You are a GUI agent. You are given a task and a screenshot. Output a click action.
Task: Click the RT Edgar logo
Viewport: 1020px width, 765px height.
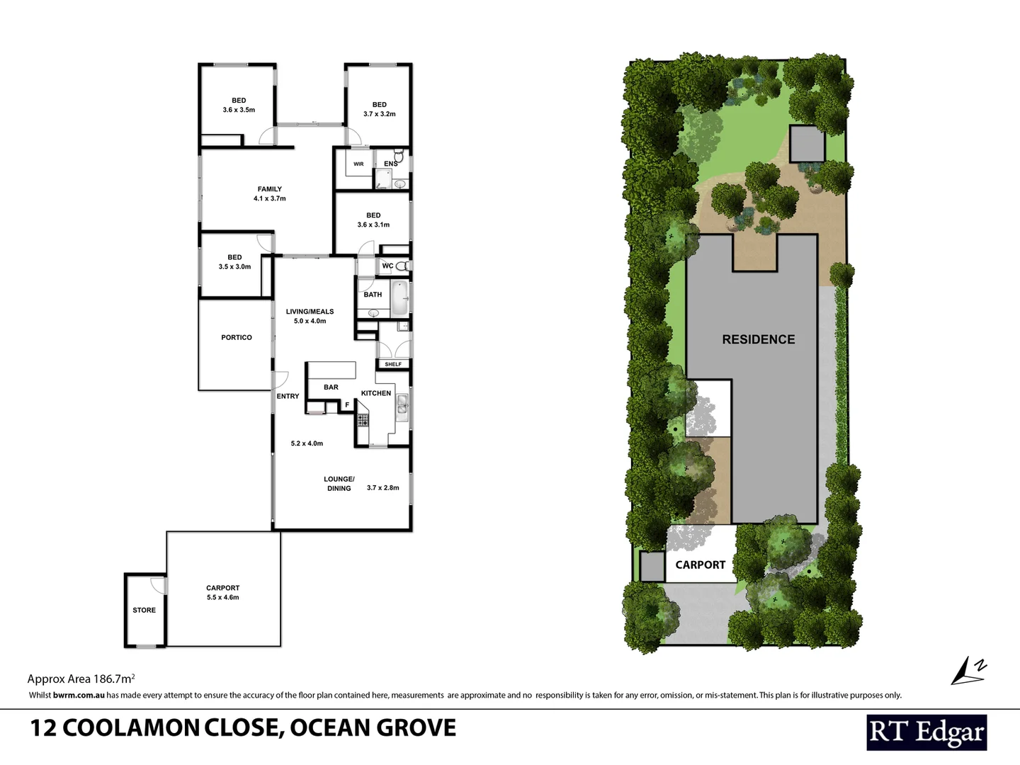coord(926,732)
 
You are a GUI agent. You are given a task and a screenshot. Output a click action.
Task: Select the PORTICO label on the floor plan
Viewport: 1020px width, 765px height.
coord(236,338)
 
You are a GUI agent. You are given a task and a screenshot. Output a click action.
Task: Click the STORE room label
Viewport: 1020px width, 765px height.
coord(144,610)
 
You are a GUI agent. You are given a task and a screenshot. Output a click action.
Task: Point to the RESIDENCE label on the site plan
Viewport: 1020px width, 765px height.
coord(758,339)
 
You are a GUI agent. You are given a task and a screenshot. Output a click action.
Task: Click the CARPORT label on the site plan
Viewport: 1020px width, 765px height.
coord(700,565)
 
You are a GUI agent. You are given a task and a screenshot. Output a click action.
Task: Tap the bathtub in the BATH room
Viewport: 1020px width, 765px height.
coord(399,298)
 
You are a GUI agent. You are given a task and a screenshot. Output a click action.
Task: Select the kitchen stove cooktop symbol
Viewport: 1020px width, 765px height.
coord(363,419)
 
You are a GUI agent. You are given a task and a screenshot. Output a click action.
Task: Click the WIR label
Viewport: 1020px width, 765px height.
coord(358,164)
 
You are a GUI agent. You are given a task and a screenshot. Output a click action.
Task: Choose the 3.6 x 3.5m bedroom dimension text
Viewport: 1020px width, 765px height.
coord(239,110)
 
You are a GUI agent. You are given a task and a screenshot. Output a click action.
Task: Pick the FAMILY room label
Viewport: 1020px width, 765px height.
coord(269,189)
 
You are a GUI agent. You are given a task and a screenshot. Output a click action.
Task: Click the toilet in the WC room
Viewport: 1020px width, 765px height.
coord(402,266)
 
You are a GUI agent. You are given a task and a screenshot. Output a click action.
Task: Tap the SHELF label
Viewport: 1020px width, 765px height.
coord(393,364)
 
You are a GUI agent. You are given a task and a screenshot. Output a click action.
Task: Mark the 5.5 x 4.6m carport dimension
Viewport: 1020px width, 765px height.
coord(222,597)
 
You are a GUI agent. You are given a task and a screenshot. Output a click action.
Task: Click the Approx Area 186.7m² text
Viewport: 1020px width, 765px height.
coord(81,679)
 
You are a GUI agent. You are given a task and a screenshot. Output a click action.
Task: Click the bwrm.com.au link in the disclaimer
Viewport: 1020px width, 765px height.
coord(79,696)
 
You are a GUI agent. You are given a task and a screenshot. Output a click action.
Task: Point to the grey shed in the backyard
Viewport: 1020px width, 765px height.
coord(807,144)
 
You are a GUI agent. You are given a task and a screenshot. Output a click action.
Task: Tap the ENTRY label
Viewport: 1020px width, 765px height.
coord(288,396)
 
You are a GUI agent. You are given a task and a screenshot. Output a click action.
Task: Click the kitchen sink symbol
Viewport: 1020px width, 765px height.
coord(402,404)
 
